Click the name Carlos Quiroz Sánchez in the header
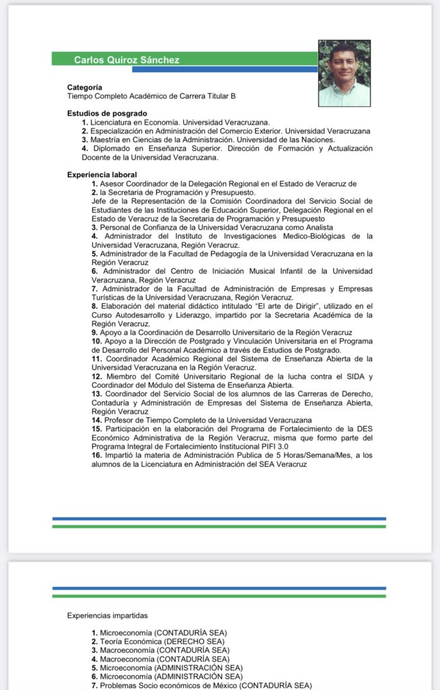pyautogui.click(x=126, y=60)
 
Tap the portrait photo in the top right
pyautogui.click(x=344, y=73)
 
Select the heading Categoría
pyautogui.click(x=85, y=88)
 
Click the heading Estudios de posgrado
pyautogui.click(x=107, y=113)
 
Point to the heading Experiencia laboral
pyautogui.click(x=102, y=175)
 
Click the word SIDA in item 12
pyautogui.click(x=353, y=376)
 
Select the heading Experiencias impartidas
pyautogui.click(x=107, y=615)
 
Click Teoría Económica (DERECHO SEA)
pyautogui.click(x=161, y=641)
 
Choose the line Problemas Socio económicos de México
pyautogui.click(x=168, y=685)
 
